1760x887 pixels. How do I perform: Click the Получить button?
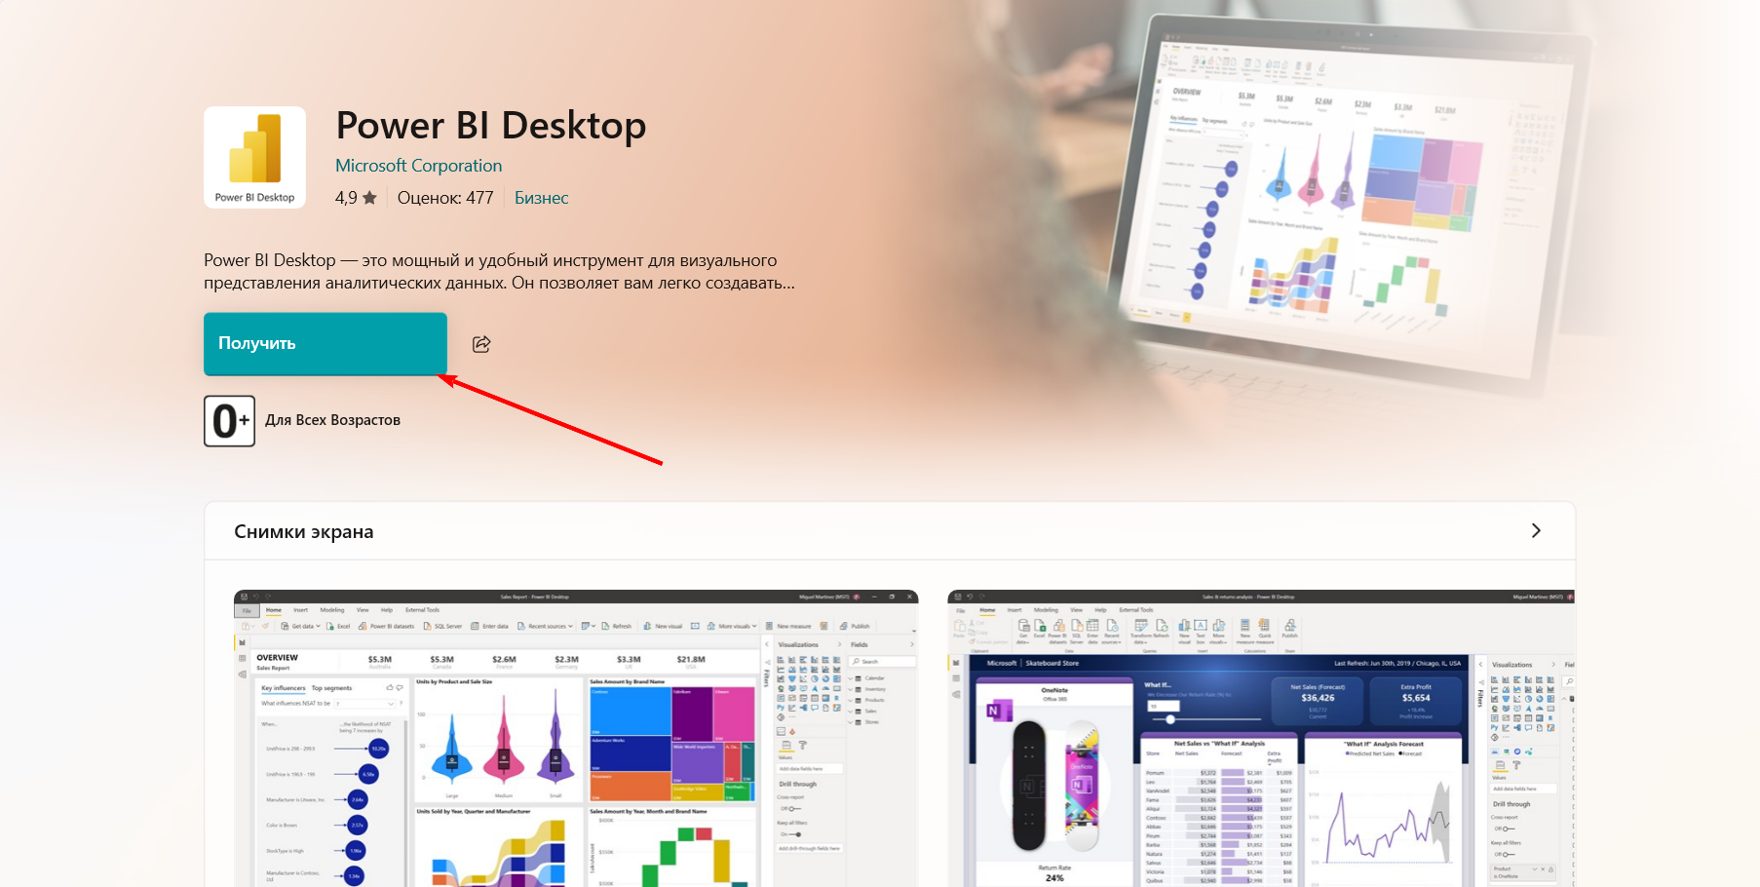click(325, 343)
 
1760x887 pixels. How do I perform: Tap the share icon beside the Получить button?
click(481, 344)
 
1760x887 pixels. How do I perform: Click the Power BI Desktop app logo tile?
click(254, 157)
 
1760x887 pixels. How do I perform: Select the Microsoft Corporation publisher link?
click(418, 166)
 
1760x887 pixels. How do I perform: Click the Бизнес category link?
click(541, 198)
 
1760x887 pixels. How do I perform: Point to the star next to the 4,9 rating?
click(369, 198)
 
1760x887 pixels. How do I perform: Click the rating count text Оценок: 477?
click(445, 198)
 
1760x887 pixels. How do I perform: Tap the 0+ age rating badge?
click(229, 421)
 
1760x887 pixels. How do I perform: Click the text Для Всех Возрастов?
click(332, 420)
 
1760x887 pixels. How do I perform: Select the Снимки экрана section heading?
click(304, 532)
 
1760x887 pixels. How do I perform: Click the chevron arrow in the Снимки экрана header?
click(1536, 531)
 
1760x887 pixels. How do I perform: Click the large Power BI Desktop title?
click(490, 126)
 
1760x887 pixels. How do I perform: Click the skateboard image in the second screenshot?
click(1054, 785)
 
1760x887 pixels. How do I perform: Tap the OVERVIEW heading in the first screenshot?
click(278, 658)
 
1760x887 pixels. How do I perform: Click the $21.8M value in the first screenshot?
click(691, 660)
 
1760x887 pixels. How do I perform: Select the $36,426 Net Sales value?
click(1318, 698)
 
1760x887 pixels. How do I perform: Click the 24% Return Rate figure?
click(1054, 878)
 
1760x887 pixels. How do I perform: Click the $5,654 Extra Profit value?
click(1416, 698)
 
